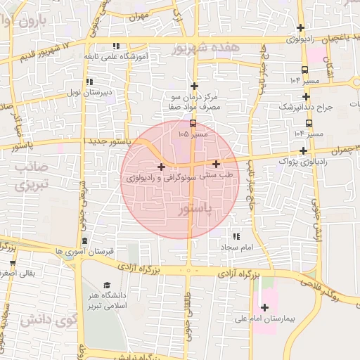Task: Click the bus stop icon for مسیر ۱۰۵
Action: (x=193, y=124)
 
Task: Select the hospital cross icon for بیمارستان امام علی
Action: (x=264, y=307)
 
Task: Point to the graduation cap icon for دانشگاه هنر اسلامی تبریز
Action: (x=106, y=285)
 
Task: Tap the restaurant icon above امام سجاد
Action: (x=236, y=237)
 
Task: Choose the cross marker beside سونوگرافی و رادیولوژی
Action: (x=162, y=167)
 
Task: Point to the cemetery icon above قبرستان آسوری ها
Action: (x=85, y=241)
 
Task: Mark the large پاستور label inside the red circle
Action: (x=195, y=210)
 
